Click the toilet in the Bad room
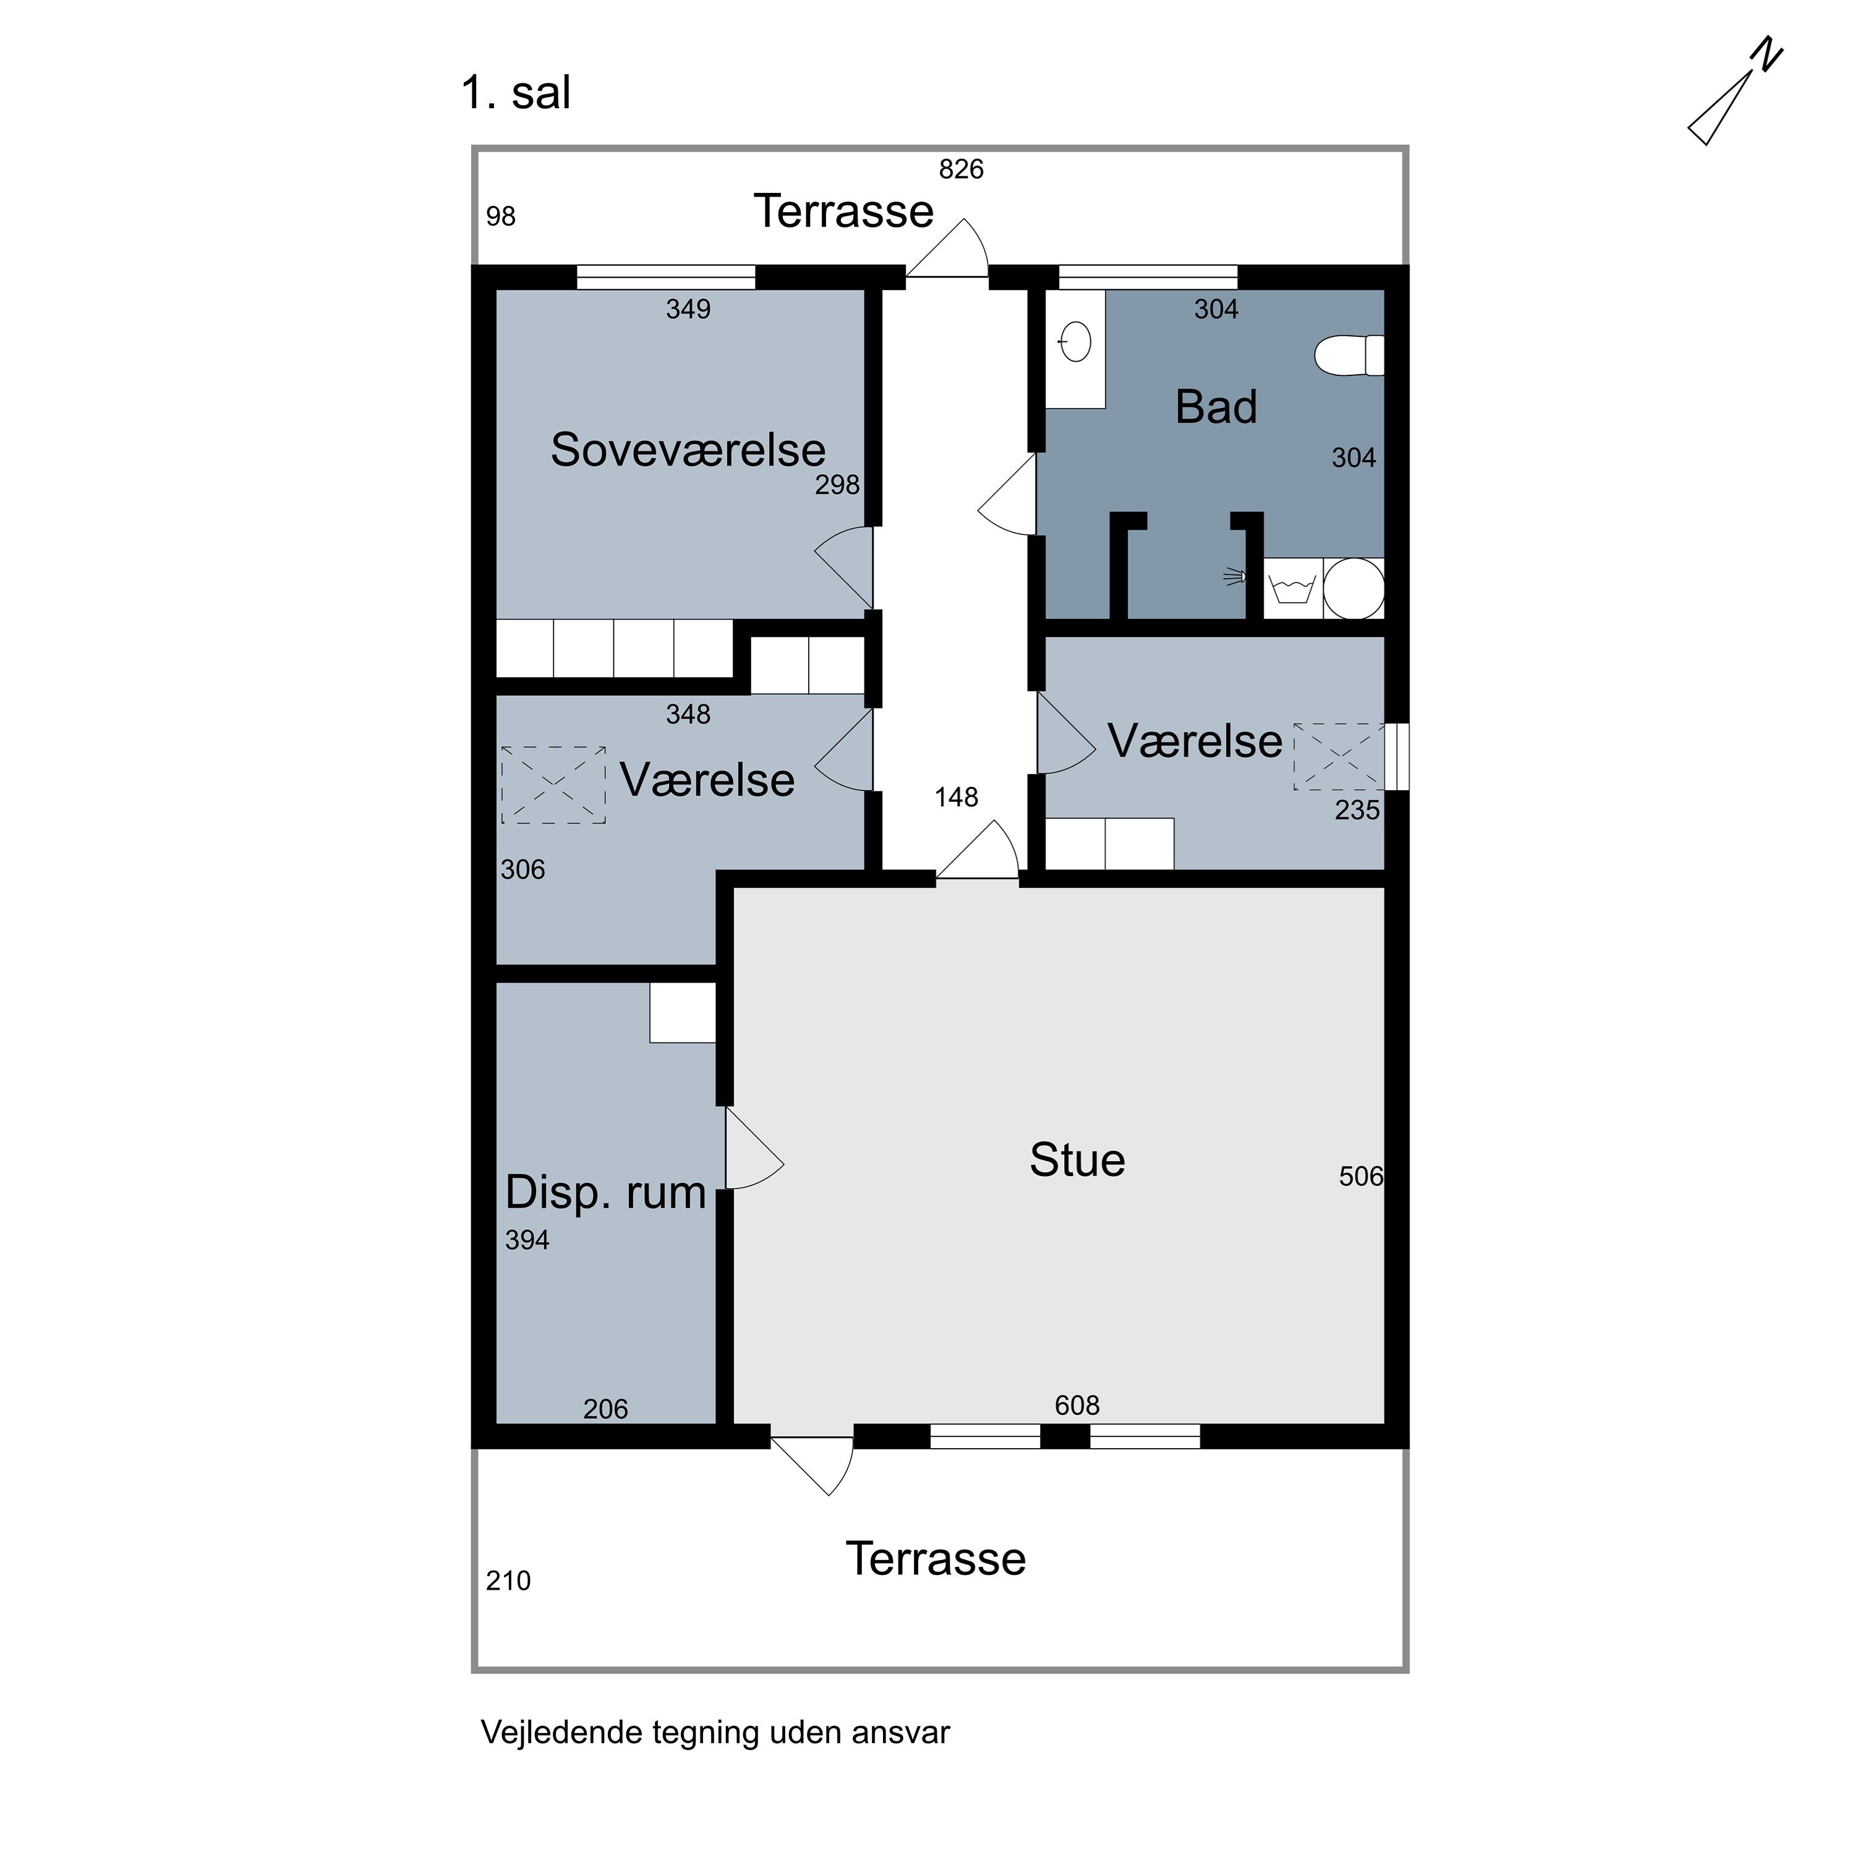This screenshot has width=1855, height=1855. (1349, 356)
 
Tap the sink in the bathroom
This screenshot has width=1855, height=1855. (1075, 342)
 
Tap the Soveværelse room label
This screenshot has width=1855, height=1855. (688, 450)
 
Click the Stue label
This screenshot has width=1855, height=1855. (1077, 1160)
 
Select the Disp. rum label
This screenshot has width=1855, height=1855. (606, 1193)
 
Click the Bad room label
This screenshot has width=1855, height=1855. (1216, 407)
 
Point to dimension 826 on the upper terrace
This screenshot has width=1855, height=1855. (961, 169)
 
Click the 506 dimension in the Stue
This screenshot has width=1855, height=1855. (1360, 1176)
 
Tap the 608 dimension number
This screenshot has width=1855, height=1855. (1077, 1405)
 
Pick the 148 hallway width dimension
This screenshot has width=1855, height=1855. (957, 797)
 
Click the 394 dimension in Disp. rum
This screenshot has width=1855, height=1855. (527, 1240)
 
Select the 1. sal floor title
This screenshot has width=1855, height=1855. (516, 93)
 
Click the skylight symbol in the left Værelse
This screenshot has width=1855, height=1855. (553, 785)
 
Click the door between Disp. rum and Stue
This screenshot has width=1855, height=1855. (754, 1149)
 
